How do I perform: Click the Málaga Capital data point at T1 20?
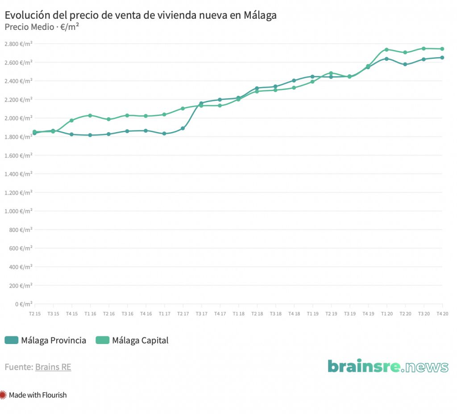(x=386, y=50)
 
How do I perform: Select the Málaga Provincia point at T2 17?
(x=183, y=128)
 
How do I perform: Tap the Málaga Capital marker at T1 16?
(x=90, y=116)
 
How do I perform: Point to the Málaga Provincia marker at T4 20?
(x=442, y=58)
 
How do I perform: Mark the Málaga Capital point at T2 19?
(x=331, y=73)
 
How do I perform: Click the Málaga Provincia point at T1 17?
(x=164, y=133)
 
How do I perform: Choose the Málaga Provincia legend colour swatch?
(x=11, y=340)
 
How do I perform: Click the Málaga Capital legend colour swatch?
(x=103, y=340)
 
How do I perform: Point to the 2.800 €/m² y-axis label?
(x=18, y=44)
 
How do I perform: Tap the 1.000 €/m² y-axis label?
(x=18, y=211)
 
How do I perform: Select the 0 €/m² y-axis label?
(x=23, y=304)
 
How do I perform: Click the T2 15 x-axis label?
(x=34, y=314)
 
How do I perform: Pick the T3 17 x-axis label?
(x=201, y=314)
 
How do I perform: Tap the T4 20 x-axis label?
(x=442, y=314)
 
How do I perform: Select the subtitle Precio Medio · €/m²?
(x=42, y=27)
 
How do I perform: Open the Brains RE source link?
(x=53, y=367)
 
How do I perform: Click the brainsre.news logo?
(x=388, y=366)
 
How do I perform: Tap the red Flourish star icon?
(x=4, y=395)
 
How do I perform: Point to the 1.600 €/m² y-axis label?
(x=18, y=155)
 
